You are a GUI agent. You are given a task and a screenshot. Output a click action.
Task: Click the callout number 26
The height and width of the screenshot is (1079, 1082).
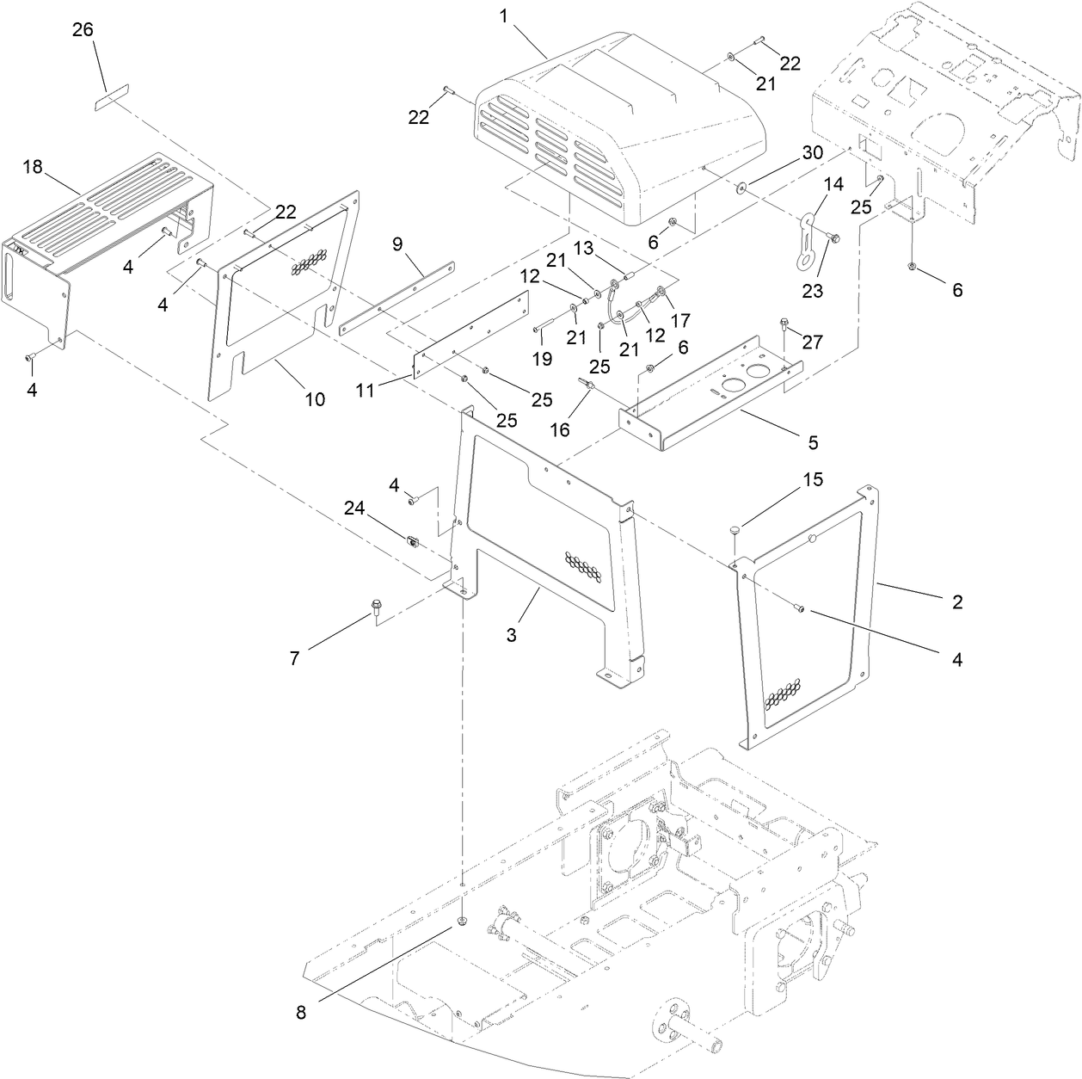point(83,30)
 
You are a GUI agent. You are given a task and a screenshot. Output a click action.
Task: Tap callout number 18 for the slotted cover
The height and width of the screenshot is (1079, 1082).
point(33,166)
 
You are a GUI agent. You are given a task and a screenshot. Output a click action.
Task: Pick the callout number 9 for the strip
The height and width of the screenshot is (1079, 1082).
point(397,244)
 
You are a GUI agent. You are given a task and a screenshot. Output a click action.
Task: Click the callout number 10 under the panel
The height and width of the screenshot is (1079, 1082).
point(315,398)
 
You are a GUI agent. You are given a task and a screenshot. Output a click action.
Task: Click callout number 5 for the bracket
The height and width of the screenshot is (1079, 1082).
point(813,442)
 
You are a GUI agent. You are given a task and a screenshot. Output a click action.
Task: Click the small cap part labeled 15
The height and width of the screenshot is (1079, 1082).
point(735,528)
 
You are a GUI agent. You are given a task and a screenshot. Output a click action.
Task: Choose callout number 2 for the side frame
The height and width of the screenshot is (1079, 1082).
point(956,601)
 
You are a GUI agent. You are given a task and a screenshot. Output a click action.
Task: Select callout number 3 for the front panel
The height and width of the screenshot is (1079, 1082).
point(512,635)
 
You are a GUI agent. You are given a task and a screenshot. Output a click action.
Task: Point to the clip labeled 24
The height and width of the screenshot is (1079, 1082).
point(413,541)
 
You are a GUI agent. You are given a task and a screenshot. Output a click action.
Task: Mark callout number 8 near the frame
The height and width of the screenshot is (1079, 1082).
point(301,1013)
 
